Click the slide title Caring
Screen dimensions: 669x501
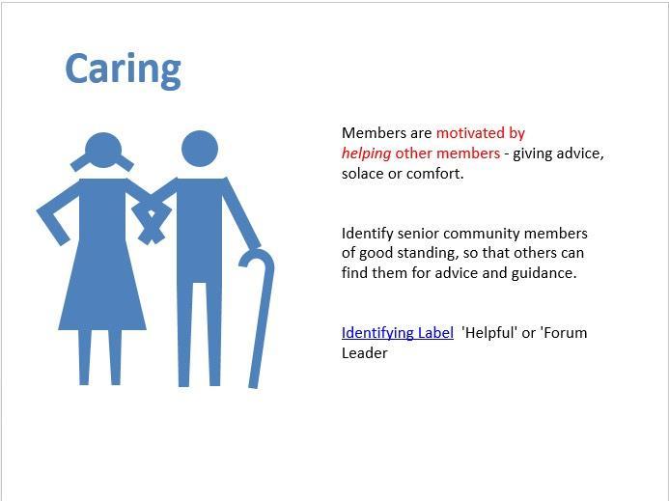tap(123, 70)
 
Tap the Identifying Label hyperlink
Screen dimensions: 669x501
tap(398, 333)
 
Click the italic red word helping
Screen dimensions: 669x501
tap(366, 153)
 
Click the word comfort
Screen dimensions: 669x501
tap(434, 174)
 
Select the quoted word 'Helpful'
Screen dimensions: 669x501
tap(489, 333)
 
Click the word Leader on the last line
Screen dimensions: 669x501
tap(364, 353)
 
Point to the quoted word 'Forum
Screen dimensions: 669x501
tap(563, 332)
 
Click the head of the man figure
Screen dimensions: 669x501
tap(200, 149)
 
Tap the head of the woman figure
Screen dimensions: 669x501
tap(103, 151)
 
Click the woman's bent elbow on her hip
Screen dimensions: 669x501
tap(44, 210)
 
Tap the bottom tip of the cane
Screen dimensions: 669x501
tap(253, 387)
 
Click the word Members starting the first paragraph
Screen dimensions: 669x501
tap(374, 132)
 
